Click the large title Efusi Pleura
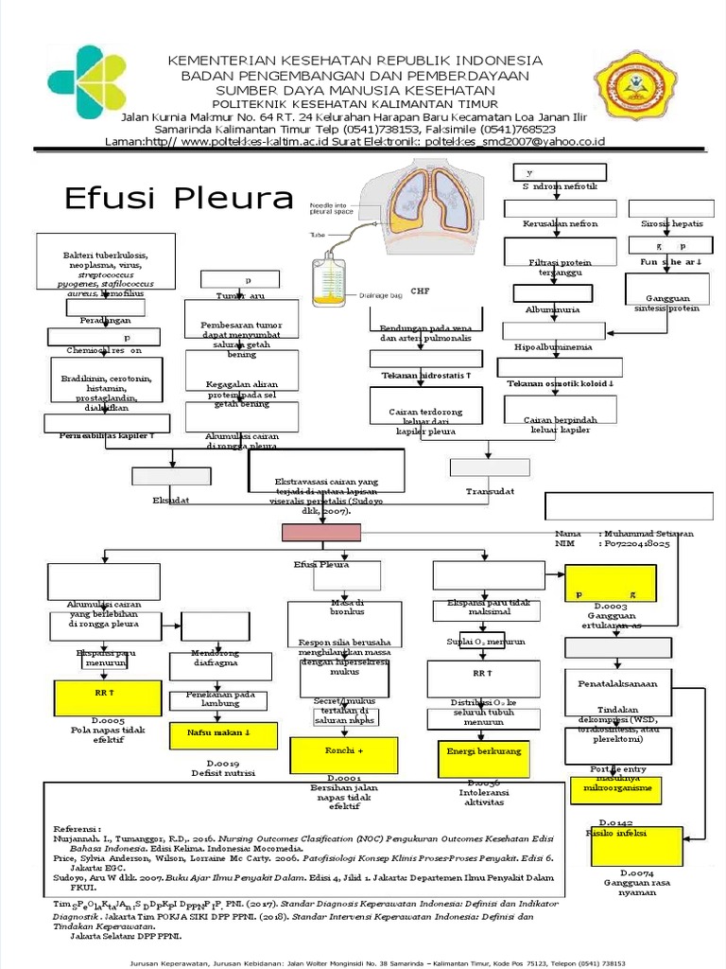(x=179, y=199)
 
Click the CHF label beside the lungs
(x=419, y=291)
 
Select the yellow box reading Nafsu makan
(x=223, y=731)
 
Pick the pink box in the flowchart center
(x=321, y=534)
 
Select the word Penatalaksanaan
(x=623, y=682)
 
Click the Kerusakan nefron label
(x=560, y=224)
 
